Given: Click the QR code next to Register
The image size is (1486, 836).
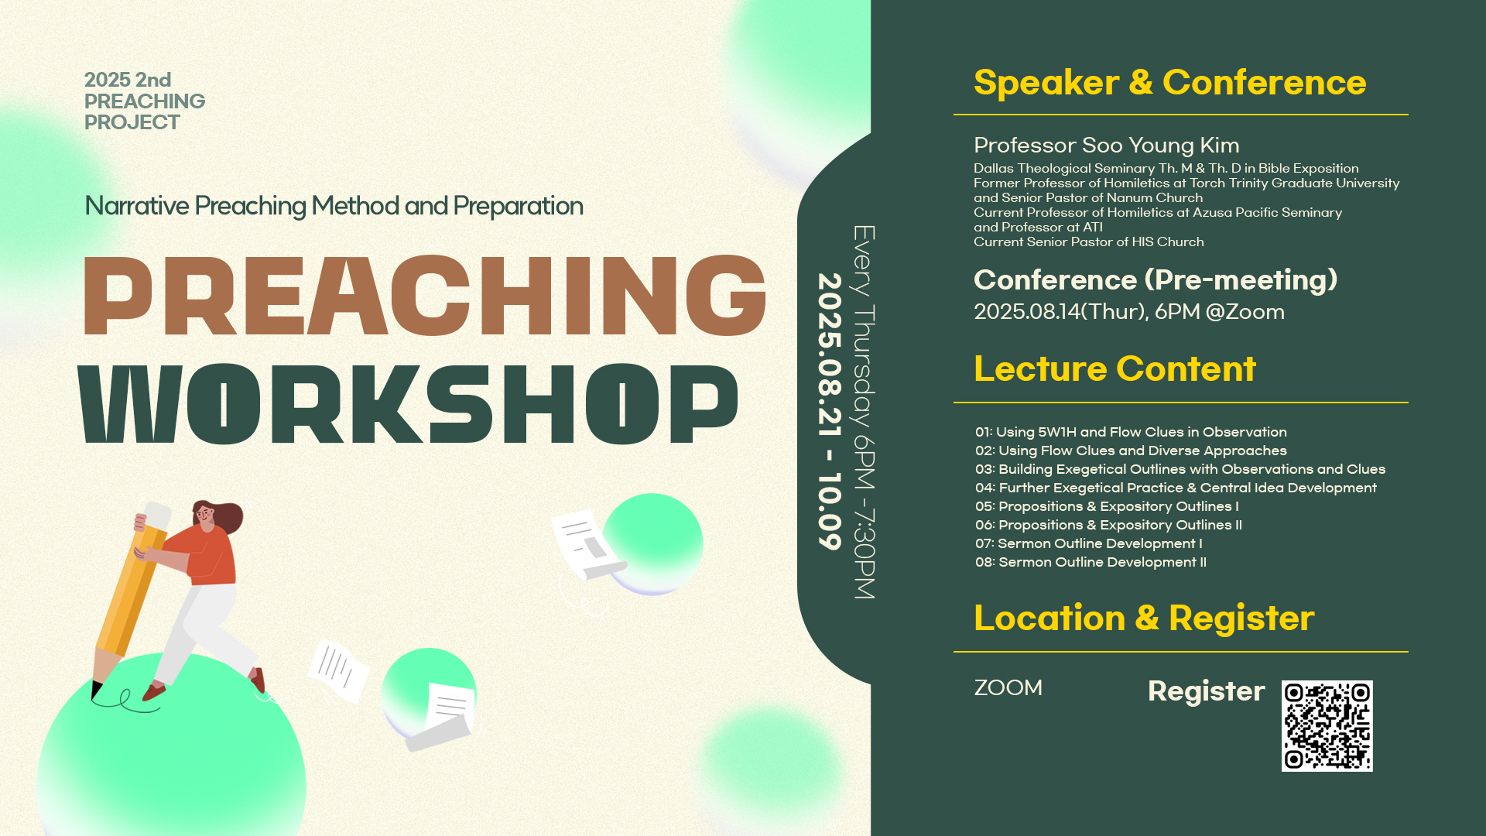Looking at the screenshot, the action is [x=1327, y=726].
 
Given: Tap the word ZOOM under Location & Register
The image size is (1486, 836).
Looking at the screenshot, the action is [x=1008, y=687].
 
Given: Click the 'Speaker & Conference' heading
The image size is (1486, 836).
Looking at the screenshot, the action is [x=1169, y=83].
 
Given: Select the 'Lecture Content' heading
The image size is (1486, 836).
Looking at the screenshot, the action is [x=1114, y=368].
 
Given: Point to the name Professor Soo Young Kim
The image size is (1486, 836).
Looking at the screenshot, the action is [x=1107, y=146].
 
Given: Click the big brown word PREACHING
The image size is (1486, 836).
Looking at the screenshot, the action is [x=425, y=296].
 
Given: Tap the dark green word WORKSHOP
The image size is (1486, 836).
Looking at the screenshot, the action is [x=408, y=403].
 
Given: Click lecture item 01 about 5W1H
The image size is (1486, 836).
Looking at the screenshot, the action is [x=1131, y=432].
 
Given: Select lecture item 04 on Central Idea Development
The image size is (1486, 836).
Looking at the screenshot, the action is [x=1176, y=488].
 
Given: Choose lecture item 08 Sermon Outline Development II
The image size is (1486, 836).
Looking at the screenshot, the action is [x=1091, y=562].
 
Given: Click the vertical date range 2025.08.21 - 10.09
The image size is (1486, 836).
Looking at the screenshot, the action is [x=830, y=411].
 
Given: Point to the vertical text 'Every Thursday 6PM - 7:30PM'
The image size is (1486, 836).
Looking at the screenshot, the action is [x=864, y=412].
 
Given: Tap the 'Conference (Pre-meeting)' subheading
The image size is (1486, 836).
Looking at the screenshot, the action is [x=1156, y=280].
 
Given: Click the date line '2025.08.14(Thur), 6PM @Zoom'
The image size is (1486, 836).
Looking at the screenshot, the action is [x=1129, y=312].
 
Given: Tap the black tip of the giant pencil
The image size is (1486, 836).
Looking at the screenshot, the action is [x=96, y=690].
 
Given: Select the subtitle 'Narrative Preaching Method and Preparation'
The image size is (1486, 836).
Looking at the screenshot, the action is [x=334, y=206].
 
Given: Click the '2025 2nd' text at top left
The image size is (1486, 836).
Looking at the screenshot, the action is [x=128, y=80].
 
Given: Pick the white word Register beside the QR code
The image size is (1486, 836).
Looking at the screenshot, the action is [x=1206, y=691].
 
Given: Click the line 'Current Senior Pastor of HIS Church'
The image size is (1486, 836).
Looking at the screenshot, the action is [x=1088, y=242].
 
